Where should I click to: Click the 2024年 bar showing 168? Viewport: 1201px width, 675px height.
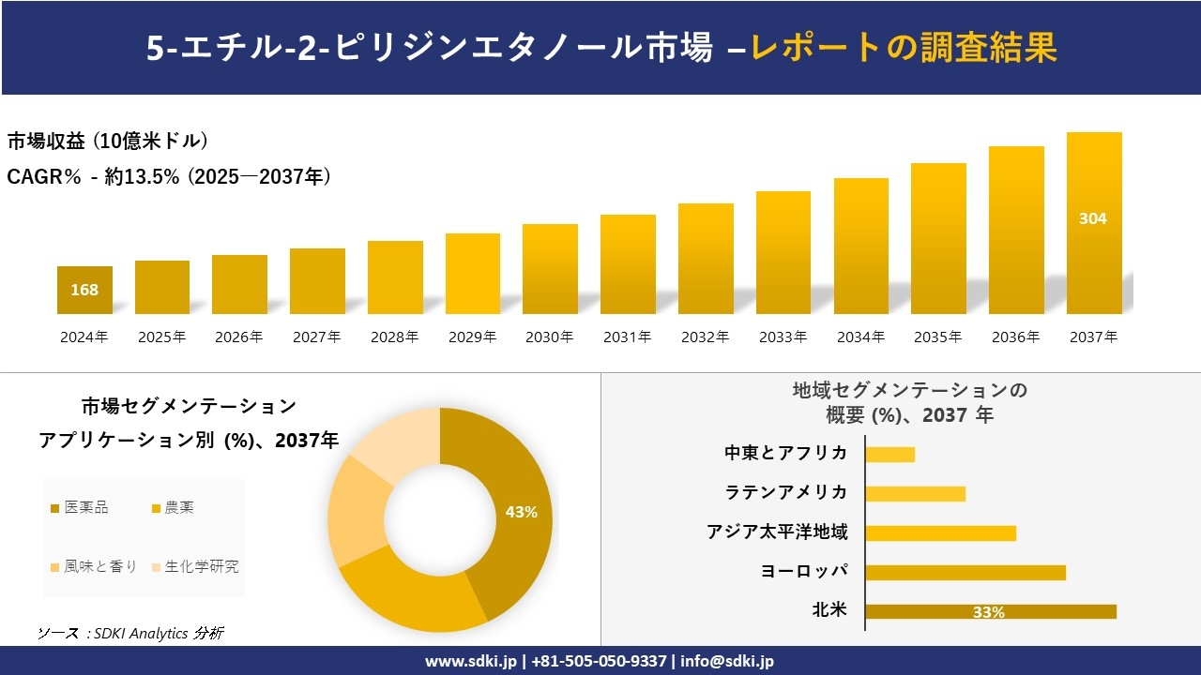click(x=84, y=290)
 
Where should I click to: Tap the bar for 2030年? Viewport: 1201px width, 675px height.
click(x=550, y=269)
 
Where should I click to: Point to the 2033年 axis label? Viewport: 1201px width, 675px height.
click(x=783, y=337)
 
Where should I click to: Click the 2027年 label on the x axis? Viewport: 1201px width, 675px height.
click(x=316, y=337)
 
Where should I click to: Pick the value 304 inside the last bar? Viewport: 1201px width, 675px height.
click(x=1093, y=218)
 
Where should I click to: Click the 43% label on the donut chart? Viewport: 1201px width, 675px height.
click(x=521, y=512)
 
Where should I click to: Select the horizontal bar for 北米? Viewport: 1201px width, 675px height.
click(x=990, y=611)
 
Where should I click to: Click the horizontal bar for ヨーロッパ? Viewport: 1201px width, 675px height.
click(x=965, y=572)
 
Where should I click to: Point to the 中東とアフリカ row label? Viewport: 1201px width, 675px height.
click(x=785, y=453)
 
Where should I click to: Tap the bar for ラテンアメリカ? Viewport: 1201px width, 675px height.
click(x=915, y=493)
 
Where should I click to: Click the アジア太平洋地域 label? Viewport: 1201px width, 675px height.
click(x=777, y=532)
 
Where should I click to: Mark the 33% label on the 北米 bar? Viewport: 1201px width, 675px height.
click(x=988, y=612)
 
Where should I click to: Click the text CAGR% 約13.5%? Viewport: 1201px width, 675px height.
click(x=169, y=176)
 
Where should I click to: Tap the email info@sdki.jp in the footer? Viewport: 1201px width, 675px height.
click(x=729, y=661)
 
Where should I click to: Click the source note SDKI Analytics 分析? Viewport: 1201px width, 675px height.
click(x=130, y=634)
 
